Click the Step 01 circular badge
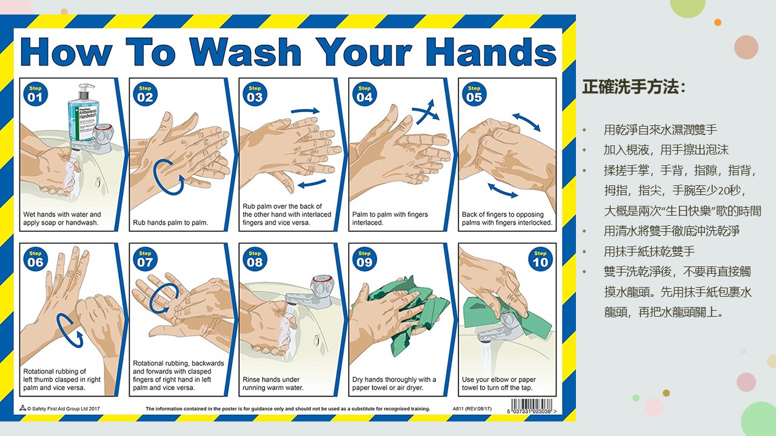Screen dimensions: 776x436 [35, 94]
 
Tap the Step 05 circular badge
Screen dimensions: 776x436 [474, 94]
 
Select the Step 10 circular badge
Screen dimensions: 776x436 [540, 259]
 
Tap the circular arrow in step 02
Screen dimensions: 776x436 [169, 177]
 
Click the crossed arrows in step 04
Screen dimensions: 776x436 [426, 112]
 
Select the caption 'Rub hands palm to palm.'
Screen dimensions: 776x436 [170, 222]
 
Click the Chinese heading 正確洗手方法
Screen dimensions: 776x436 [630, 87]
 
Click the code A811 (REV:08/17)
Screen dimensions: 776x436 [472, 409]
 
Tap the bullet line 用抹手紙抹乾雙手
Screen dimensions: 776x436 [649, 251]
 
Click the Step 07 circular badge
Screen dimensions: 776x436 [145, 259]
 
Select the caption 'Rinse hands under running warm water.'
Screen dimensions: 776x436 [273, 383]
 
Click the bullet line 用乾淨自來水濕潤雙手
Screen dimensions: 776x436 [660, 130]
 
